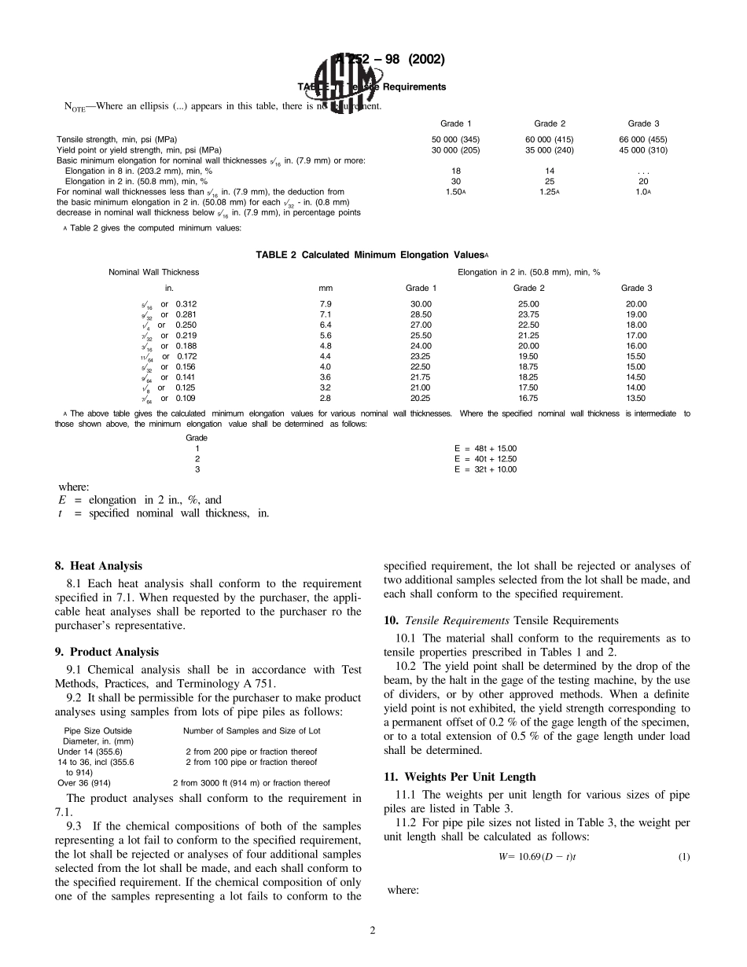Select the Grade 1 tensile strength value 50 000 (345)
point(456,139)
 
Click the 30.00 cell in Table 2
point(421,304)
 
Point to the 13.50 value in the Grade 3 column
point(635,399)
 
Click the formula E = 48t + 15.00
point(485,448)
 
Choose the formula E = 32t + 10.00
point(485,469)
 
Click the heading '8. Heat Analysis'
point(98,565)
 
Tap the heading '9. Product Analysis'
point(107,652)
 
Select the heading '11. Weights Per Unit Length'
point(460,777)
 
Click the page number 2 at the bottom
point(373,931)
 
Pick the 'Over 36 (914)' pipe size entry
point(84,783)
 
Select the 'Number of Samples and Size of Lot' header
point(252,731)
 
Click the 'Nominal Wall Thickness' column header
point(153,272)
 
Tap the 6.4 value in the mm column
point(326,325)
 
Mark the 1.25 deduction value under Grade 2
point(548,192)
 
